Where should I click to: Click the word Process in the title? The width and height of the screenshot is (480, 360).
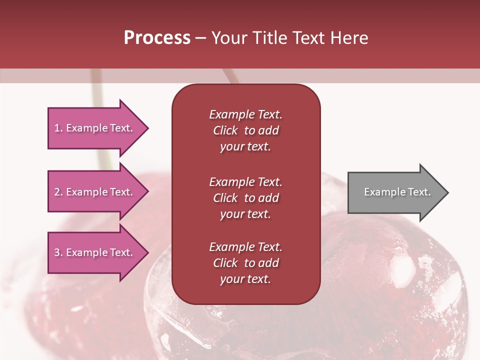click(x=157, y=38)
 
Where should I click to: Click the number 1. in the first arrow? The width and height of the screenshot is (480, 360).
click(x=58, y=128)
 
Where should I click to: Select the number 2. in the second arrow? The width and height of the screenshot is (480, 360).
click(x=58, y=192)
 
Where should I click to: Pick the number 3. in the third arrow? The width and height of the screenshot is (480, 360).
click(x=58, y=252)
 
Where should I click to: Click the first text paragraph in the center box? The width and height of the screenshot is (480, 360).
click(x=245, y=130)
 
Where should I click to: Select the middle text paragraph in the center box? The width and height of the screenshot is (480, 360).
click(x=245, y=198)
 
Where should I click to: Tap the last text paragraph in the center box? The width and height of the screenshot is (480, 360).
click(x=245, y=263)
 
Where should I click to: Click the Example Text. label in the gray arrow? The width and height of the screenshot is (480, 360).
click(x=397, y=192)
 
